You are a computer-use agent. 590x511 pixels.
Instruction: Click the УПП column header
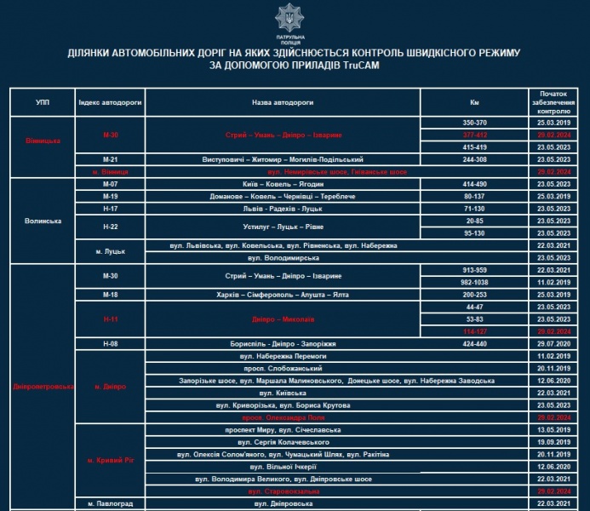[x=43, y=101]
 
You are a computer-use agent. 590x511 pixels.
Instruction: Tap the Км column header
[x=474, y=101]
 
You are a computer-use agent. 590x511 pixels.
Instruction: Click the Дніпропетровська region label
[x=43, y=386]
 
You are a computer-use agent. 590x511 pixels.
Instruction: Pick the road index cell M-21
[x=110, y=159]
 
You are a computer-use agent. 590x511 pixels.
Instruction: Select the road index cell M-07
[x=110, y=184]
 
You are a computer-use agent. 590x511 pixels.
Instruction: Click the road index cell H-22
[x=110, y=226]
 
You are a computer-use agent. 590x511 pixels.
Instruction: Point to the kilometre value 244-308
[x=474, y=159]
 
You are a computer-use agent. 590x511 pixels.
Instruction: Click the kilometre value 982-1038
[x=474, y=281]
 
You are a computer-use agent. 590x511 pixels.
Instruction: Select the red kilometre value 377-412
[x=474, y=135]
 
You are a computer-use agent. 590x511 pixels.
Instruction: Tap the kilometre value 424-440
[x=474, y=342]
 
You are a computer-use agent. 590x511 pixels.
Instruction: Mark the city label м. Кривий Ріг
[x=110, y=461]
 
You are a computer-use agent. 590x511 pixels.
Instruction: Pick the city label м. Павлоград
[x=110, y=504]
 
